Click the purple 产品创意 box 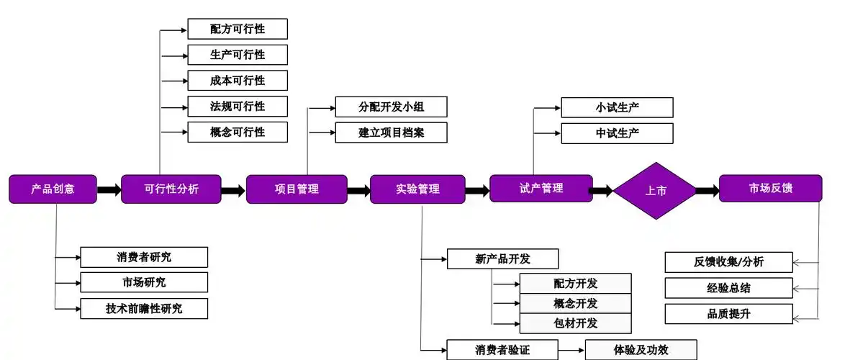click(x=53, y=189)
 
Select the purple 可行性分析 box click(x=171, y=189)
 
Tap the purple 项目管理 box click(x=297, y=189)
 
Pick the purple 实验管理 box click(x=417, y=189)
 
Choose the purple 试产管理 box click(x=541, y=188)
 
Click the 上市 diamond click(x=655, y=191)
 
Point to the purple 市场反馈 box click(x=770, y=189)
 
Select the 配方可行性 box click(x=238, y=29)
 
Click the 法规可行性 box click(x=238, y=106)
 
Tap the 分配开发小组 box click(x=392, y=107)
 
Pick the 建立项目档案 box click(x=392, y=132)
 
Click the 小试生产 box click(x=617, y=107)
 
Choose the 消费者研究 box click(x=144, y=257)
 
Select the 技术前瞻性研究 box click(x=144, y=309)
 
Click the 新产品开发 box click(x=502, y=258)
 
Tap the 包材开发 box click(x=575, y=323)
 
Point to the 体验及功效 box click(x=641, y=350)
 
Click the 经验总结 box click(x=728, y=288)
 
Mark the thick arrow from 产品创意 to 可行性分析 click(x=109, y=190)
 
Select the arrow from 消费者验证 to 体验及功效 click(x=571, y=350)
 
